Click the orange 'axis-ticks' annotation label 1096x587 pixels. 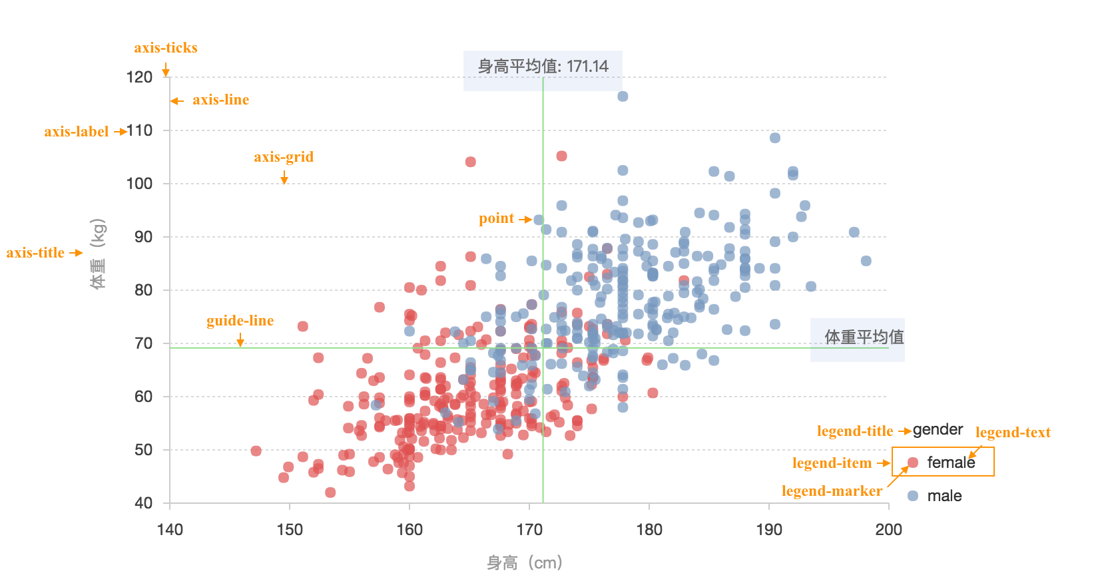pyautogui.click(x=166, y=48)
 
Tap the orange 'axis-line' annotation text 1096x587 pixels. pyautogui.click(x=220, y=100)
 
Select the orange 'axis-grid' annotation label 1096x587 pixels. pyautogui.click(x=284, y=157)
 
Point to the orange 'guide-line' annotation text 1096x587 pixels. pyautogui.click(x=240, y=321)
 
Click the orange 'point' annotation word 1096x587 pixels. pyautogui.click(x=496, y=218)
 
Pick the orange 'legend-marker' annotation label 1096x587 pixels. pyautogui.click(x=832, y=491)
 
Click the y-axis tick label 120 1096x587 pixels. pyautogui.click(x=140, y=77)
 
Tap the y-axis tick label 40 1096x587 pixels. pyautogui.click(x=144, y=503)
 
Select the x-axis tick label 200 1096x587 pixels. pyautogui.click(x=888, y=530)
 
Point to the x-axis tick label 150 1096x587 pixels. pyautogui.click(x=290, y=530)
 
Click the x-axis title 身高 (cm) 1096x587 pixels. pyautogui.click(x=525, y=563)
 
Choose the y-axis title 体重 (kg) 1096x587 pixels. pyautogui.click(x=98, y=254)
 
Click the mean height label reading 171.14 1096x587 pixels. pyautogui.click(x=543, y=67)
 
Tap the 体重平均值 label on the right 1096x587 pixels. pyautogui.click(x=864, y=337)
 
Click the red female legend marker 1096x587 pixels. pyautogui.click(x=913, y=463)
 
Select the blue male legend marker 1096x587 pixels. pyautogui.click(x=913, y=496)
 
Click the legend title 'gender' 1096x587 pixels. pyautogui.click(x=938, y=430)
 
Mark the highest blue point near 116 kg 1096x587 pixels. pyautogui.click(x=623, y=97)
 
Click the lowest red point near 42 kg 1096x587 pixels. pyautogui.click(x=330, y=492)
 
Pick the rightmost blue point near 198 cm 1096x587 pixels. pyautogui.click(x=866, y=261)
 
